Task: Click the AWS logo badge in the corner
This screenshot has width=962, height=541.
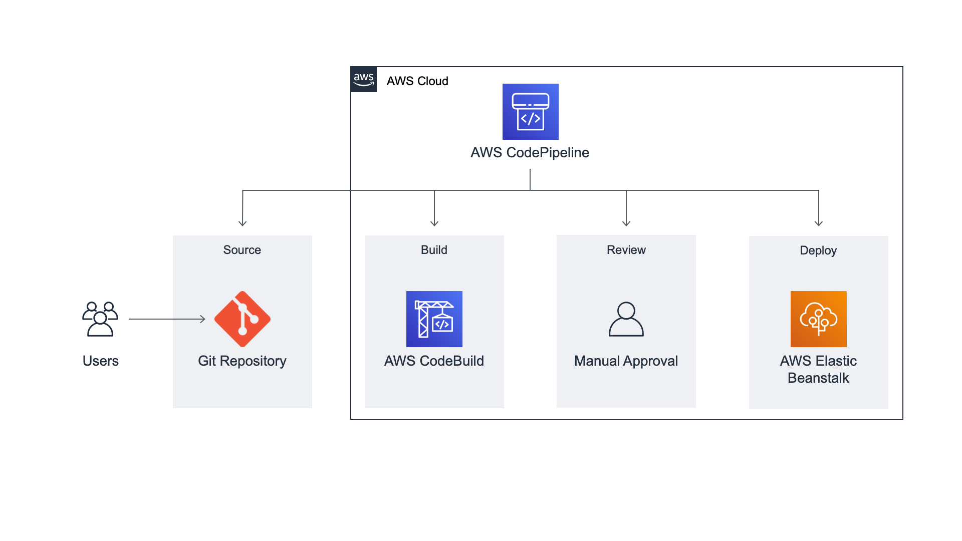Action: (x=363, y=79)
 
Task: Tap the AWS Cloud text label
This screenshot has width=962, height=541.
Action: (x=417, y=81)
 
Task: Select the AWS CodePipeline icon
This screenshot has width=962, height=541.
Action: (x=530, y=112)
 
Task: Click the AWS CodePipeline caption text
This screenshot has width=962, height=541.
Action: (x=530, y=152)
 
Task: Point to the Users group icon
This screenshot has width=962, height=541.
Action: (x=100, y=319)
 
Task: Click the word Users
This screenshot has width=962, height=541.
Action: (x=100, y=361)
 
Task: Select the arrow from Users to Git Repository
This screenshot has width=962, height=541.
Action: (x=167, y=319)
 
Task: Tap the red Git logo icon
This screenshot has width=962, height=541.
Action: (x=243, y=319)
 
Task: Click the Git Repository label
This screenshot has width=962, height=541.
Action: (x=242, y=361)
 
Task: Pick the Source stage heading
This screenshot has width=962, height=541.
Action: (x=242, y=250)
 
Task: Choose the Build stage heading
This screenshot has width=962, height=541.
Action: (x=434, y=250)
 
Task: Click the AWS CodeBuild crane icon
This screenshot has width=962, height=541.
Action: (x=434, y=319)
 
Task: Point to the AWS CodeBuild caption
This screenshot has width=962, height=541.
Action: (x=434, y=361)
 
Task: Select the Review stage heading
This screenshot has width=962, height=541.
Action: (x=626, y=250)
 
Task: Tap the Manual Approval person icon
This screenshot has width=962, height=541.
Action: (x=626, y=319)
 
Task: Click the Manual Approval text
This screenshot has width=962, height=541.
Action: (x=626, y=361)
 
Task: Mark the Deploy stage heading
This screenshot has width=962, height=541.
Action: (x=818, y=250)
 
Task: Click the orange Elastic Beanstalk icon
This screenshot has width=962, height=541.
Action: (x=818, y=319)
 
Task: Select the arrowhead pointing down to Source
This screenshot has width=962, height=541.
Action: (x=243, y=223)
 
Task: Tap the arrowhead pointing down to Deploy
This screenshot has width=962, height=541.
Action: (x=818, y=223)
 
